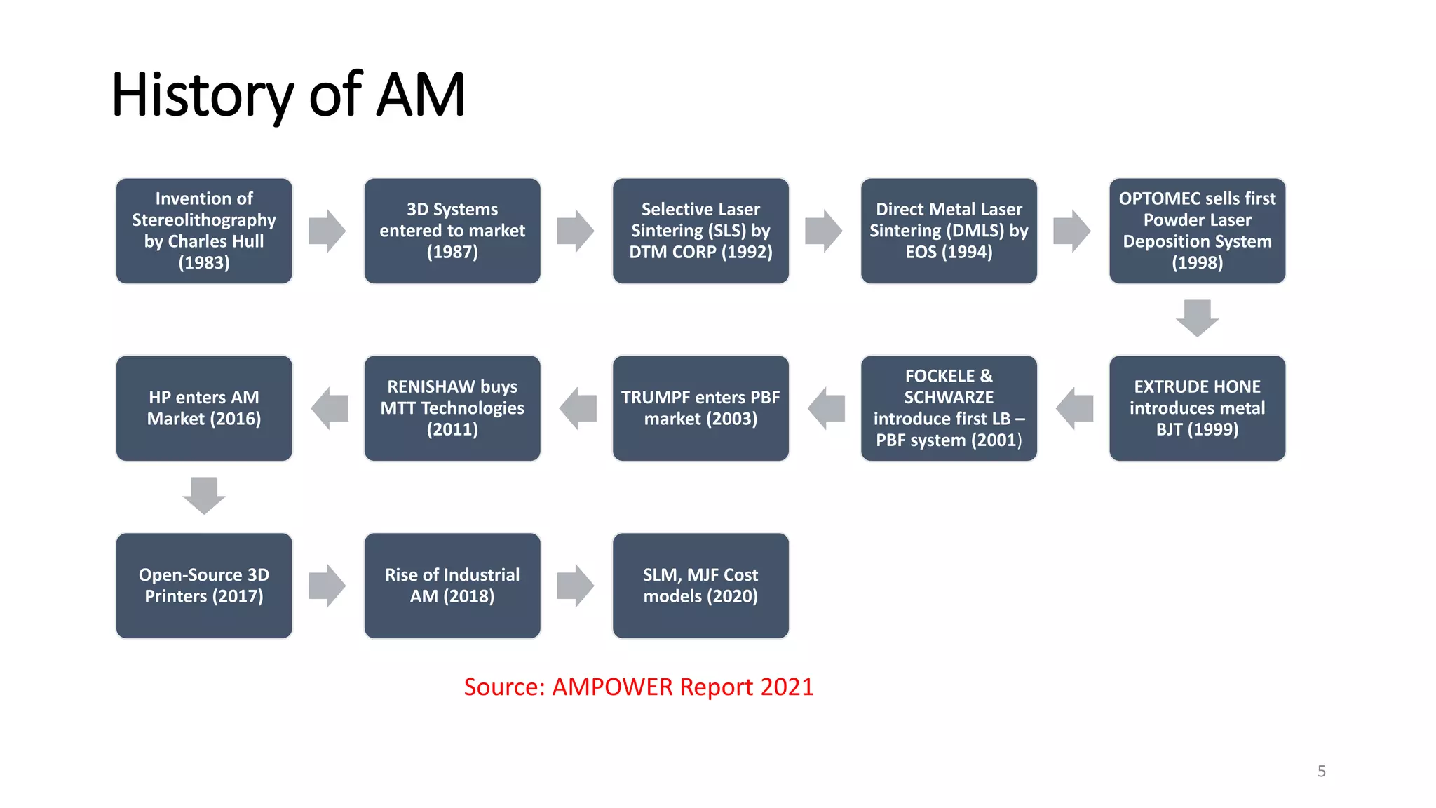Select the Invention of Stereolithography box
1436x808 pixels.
(204, 231)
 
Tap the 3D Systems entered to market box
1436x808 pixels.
(452, 231)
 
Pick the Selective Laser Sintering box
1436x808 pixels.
(700, 231)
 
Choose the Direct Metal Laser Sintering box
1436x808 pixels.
(949, 231)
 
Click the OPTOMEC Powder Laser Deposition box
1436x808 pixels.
(1197, 231)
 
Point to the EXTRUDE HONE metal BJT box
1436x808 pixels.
(1197, 408)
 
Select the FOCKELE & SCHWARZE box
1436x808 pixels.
(949, 408)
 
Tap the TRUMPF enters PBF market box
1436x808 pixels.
(700, 408)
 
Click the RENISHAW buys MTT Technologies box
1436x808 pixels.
(452, 408)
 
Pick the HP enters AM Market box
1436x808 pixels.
(204, 408)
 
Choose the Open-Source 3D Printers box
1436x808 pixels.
(204, 586)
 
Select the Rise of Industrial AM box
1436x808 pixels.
(452, 586)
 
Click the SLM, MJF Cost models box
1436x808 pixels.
(700, 586)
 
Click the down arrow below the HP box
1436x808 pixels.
(204, 495)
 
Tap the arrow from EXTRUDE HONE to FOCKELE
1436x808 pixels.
(1074, 408)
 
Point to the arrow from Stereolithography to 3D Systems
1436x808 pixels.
(327, 231)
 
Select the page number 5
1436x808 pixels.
(1321, 772)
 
